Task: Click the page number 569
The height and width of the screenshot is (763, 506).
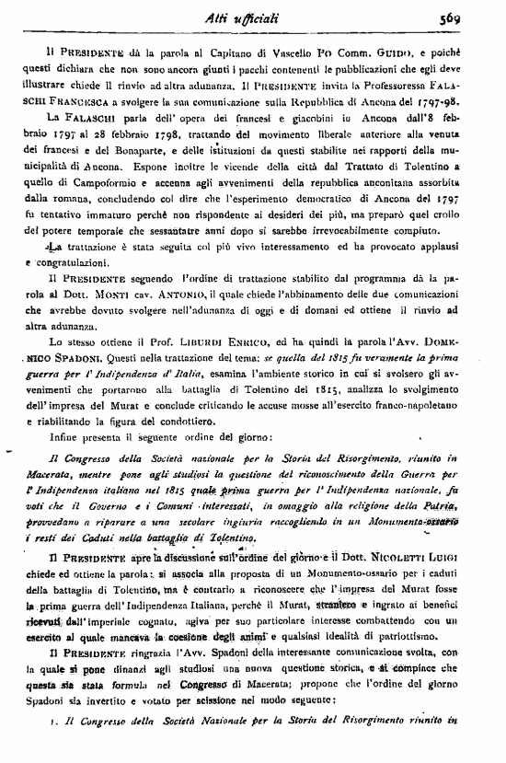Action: (476, 16)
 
